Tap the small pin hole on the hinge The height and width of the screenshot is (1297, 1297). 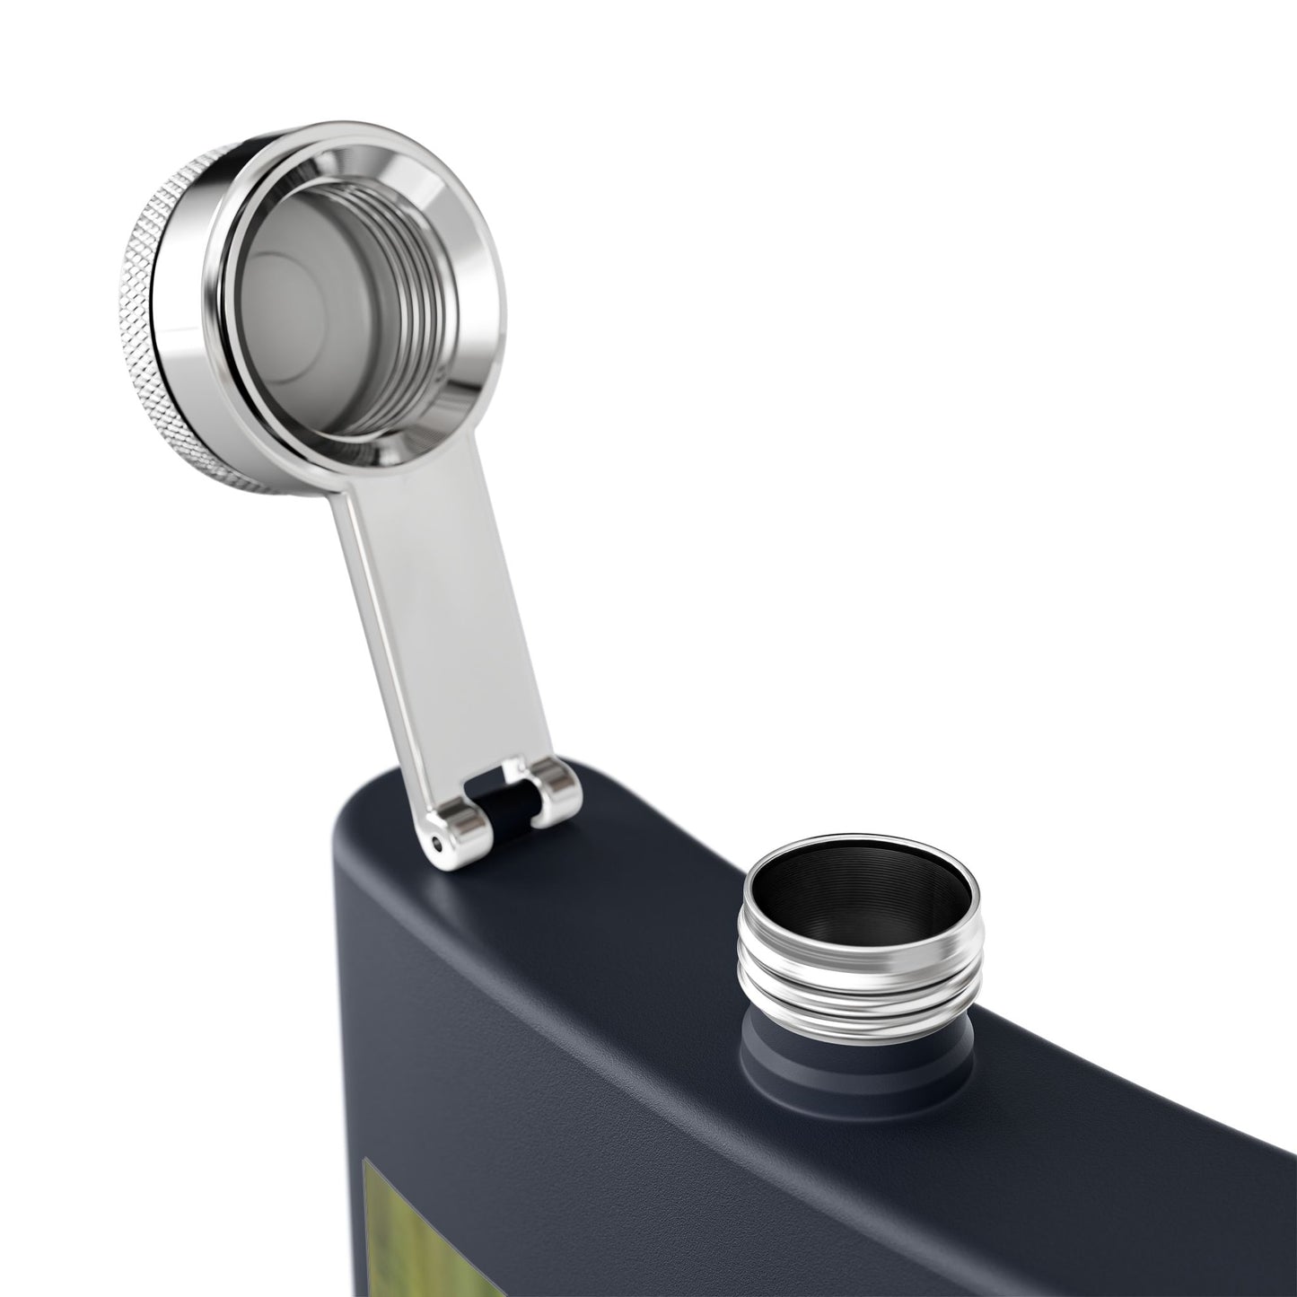tap(437, 841)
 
